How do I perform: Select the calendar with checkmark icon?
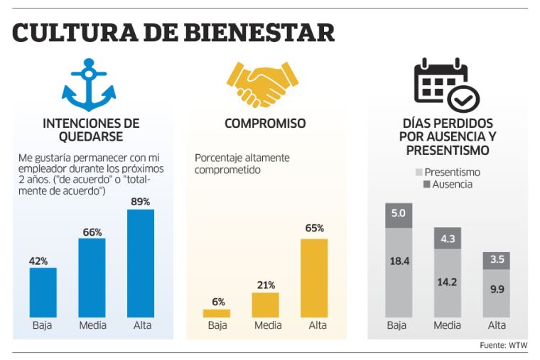[x=446, y=84]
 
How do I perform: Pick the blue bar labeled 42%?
[x=43, y=292]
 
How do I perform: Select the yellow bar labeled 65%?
[x=314, y=278]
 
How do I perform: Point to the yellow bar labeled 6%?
[x=217, y=313]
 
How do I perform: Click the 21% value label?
[x=265, y=285]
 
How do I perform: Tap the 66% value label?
[x=92, y=231]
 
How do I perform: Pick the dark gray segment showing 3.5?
[x=497, y=261]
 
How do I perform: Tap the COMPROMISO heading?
[x=265, y=124]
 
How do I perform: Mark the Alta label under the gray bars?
[x=497, y=325]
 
